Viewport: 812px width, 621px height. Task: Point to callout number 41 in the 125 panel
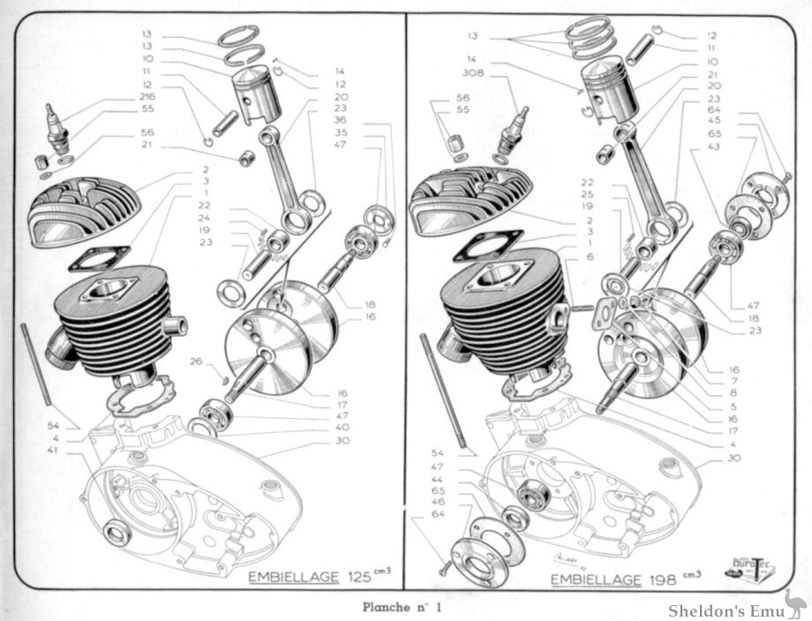point(54,450)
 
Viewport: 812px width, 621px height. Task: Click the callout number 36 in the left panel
point(341,120)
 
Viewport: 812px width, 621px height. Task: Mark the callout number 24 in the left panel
point(204,217)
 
